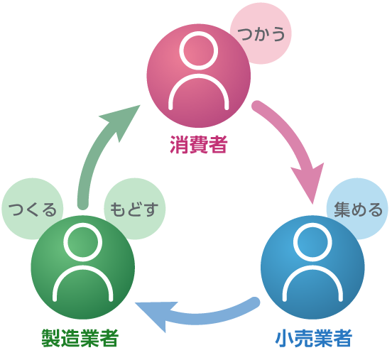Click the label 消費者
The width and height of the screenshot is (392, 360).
click(x=199, y=144)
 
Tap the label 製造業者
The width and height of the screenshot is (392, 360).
click(x=80, y=338)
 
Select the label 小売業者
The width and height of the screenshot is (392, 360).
click(x=313, y=338)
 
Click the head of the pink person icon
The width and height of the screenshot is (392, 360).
click(x=199, y=50)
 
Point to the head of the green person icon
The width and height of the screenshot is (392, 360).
click(x=83, y=242)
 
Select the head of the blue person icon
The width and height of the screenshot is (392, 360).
click(x=312, y=242)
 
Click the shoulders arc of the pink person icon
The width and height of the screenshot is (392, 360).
click(x=199, y=76)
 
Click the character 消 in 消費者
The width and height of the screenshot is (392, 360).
click(x=179, y=144)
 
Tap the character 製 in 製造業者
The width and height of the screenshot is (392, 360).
click(x=50, y=338)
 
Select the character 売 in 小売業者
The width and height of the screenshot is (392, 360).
click(x=304, y=338)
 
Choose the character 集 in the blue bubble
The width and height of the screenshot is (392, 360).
click(x=342, y=209)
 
